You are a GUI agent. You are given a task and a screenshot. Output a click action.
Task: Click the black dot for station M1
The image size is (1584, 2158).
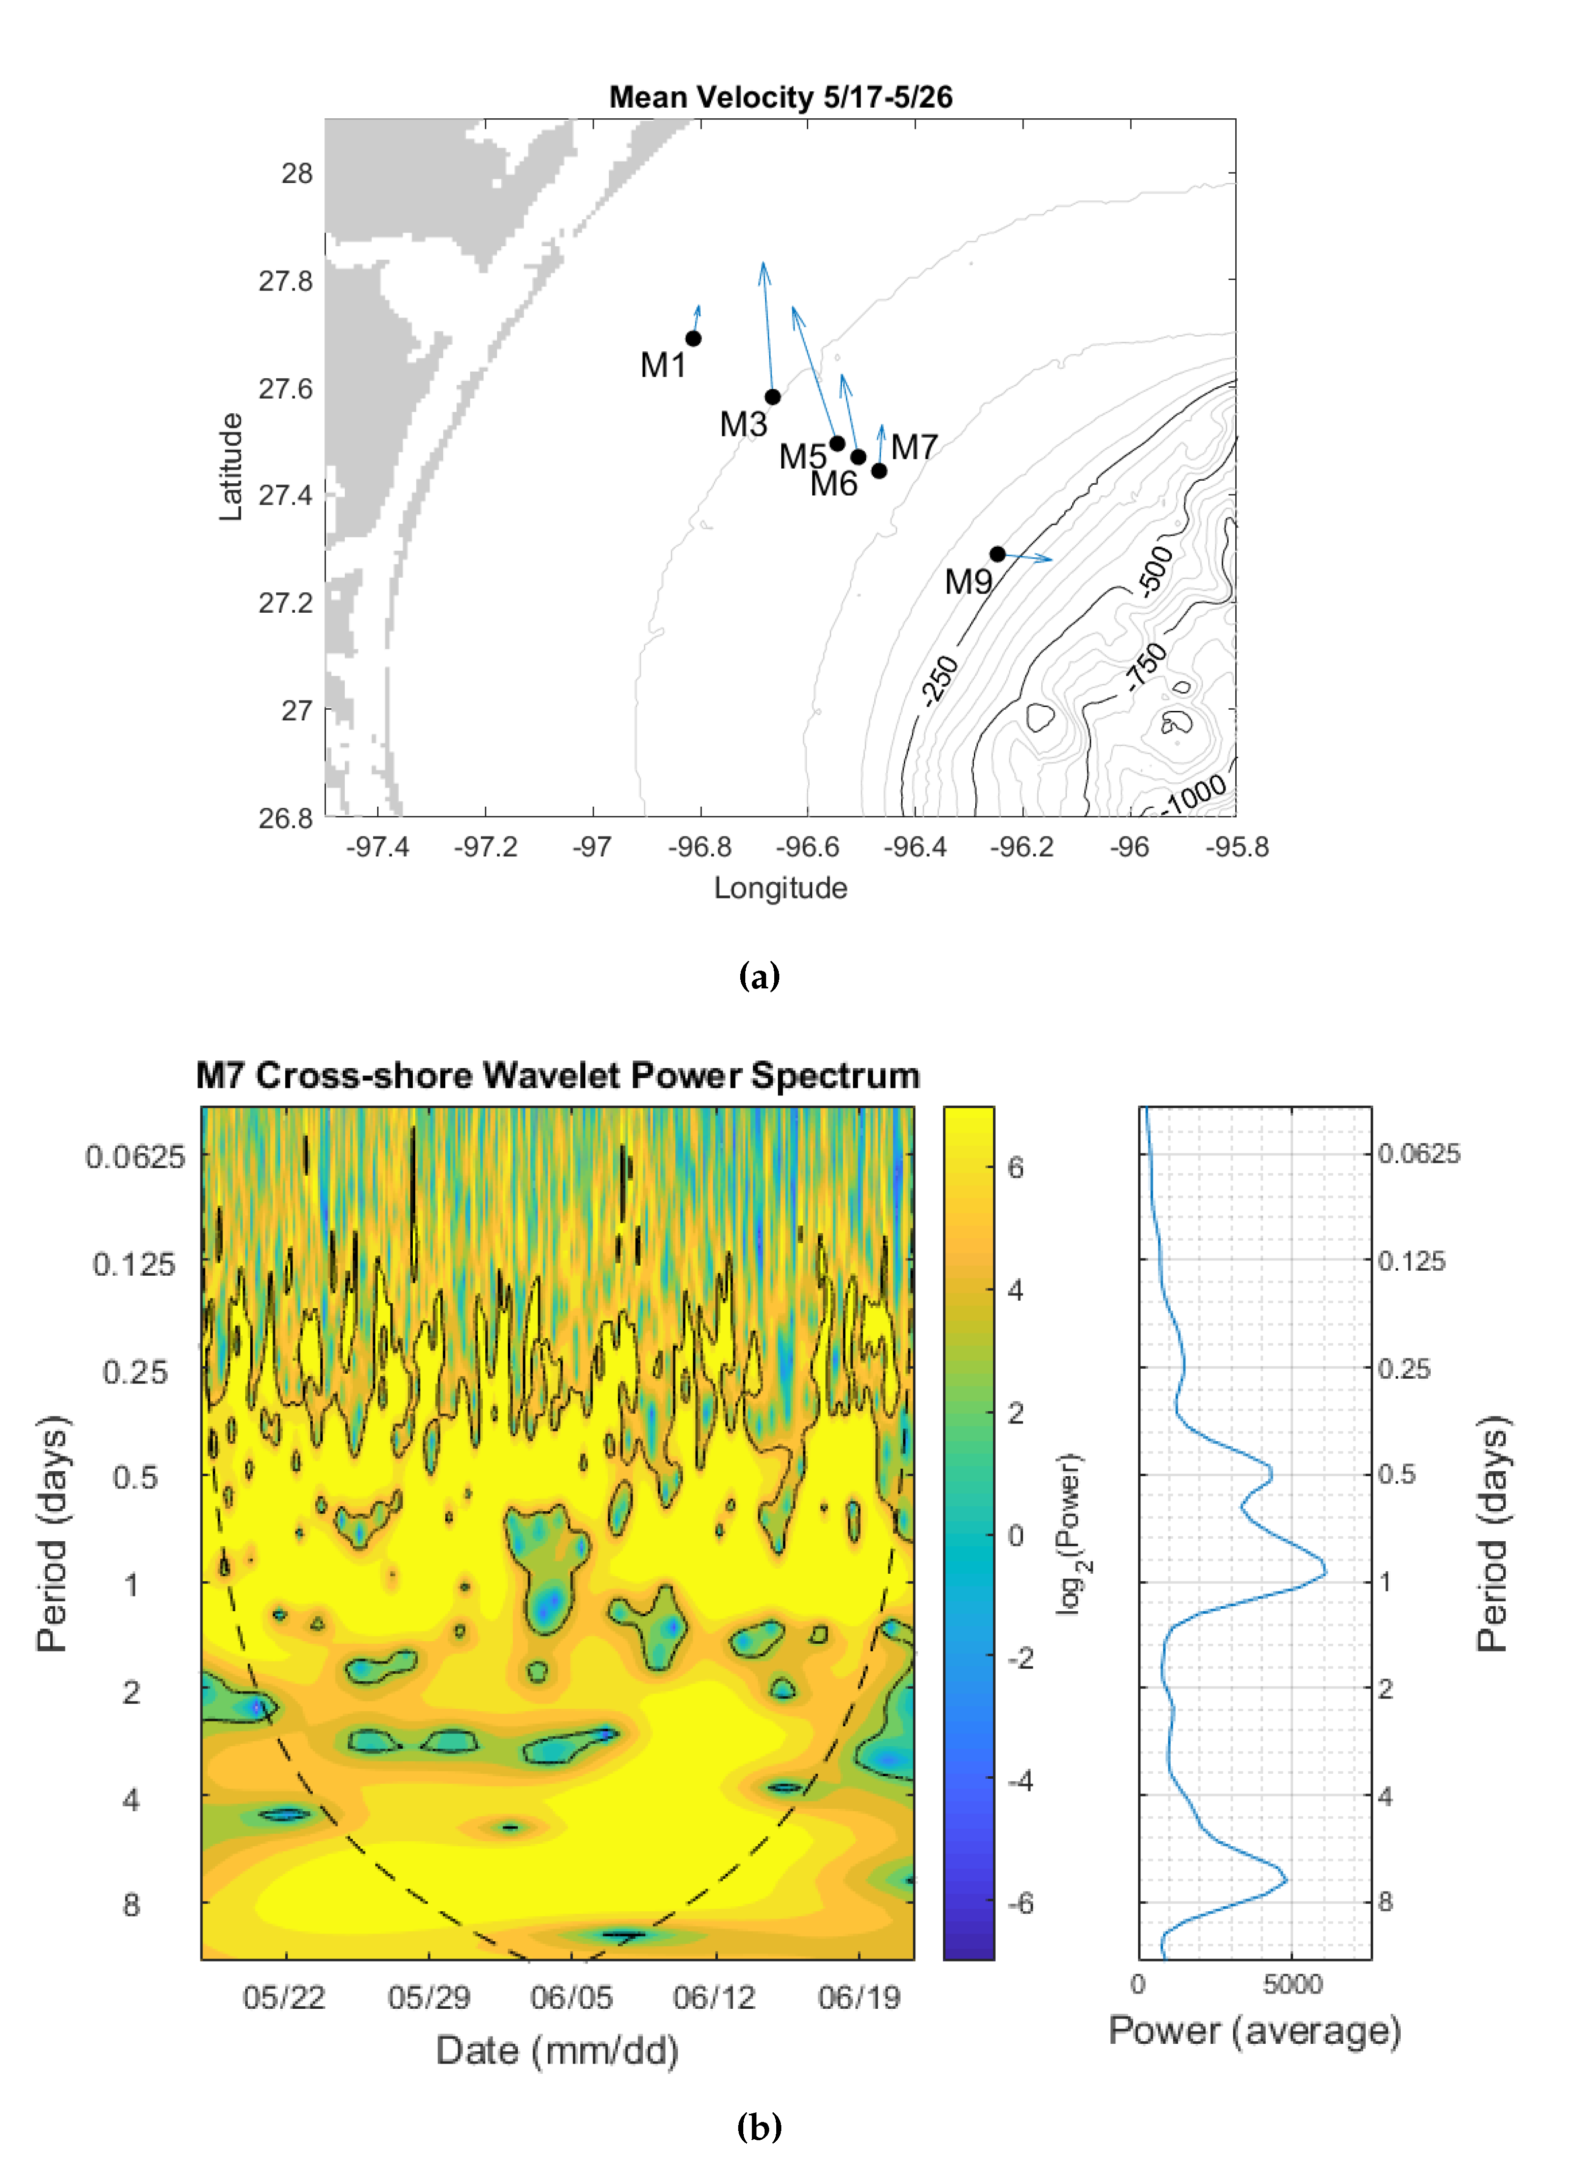tap(693, 339)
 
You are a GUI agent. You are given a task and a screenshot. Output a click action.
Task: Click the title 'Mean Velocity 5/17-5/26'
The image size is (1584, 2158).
tap(780, 97)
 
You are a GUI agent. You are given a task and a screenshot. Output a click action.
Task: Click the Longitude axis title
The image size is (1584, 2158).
tap(780, 888)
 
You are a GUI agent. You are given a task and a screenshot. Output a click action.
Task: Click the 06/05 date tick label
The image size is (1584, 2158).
tap(572, 1998)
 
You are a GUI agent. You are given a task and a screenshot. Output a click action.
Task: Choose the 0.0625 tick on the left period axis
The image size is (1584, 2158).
tap(135, 1157)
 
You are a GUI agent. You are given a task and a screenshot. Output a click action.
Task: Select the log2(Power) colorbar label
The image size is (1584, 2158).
tap(1071, 1535)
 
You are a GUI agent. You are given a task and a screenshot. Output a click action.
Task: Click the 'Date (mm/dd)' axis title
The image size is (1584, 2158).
tap(557, 2050)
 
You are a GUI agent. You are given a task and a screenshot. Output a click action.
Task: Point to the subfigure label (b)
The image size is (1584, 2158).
tap(758, 2128)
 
